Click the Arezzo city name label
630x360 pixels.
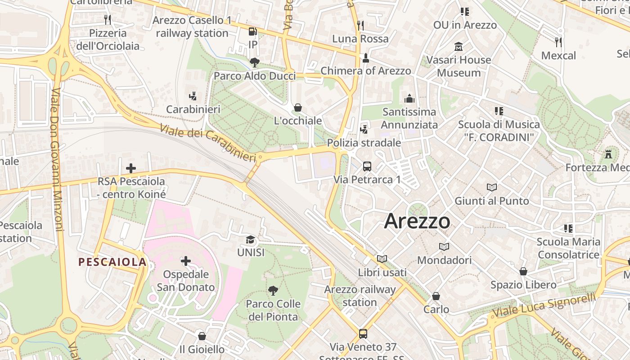pos(417,221)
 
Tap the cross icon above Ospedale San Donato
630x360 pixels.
pos(185,261)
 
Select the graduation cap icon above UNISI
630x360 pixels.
pos(251,239)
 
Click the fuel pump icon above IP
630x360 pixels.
pos(253,31)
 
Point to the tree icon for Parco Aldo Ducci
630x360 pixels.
pos(254,63)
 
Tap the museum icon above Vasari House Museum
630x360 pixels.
pos(459,46)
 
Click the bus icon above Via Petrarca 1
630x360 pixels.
pos(367,166)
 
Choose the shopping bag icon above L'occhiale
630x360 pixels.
pos(297,108)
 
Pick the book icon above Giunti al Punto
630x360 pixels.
pos(492,187)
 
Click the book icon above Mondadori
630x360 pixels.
pos(444,247)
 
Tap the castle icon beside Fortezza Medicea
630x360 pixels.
pos(608,154)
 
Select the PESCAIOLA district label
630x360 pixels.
pos(112,262)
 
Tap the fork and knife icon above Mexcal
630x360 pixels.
pos(558,42)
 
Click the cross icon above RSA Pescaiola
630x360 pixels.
pos(131,168)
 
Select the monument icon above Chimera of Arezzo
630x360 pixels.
pos(366,58)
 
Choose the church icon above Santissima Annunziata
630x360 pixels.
pos(409,98)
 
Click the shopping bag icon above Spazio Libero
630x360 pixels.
pos(523,271)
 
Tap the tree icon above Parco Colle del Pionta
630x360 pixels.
pos(273,291)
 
